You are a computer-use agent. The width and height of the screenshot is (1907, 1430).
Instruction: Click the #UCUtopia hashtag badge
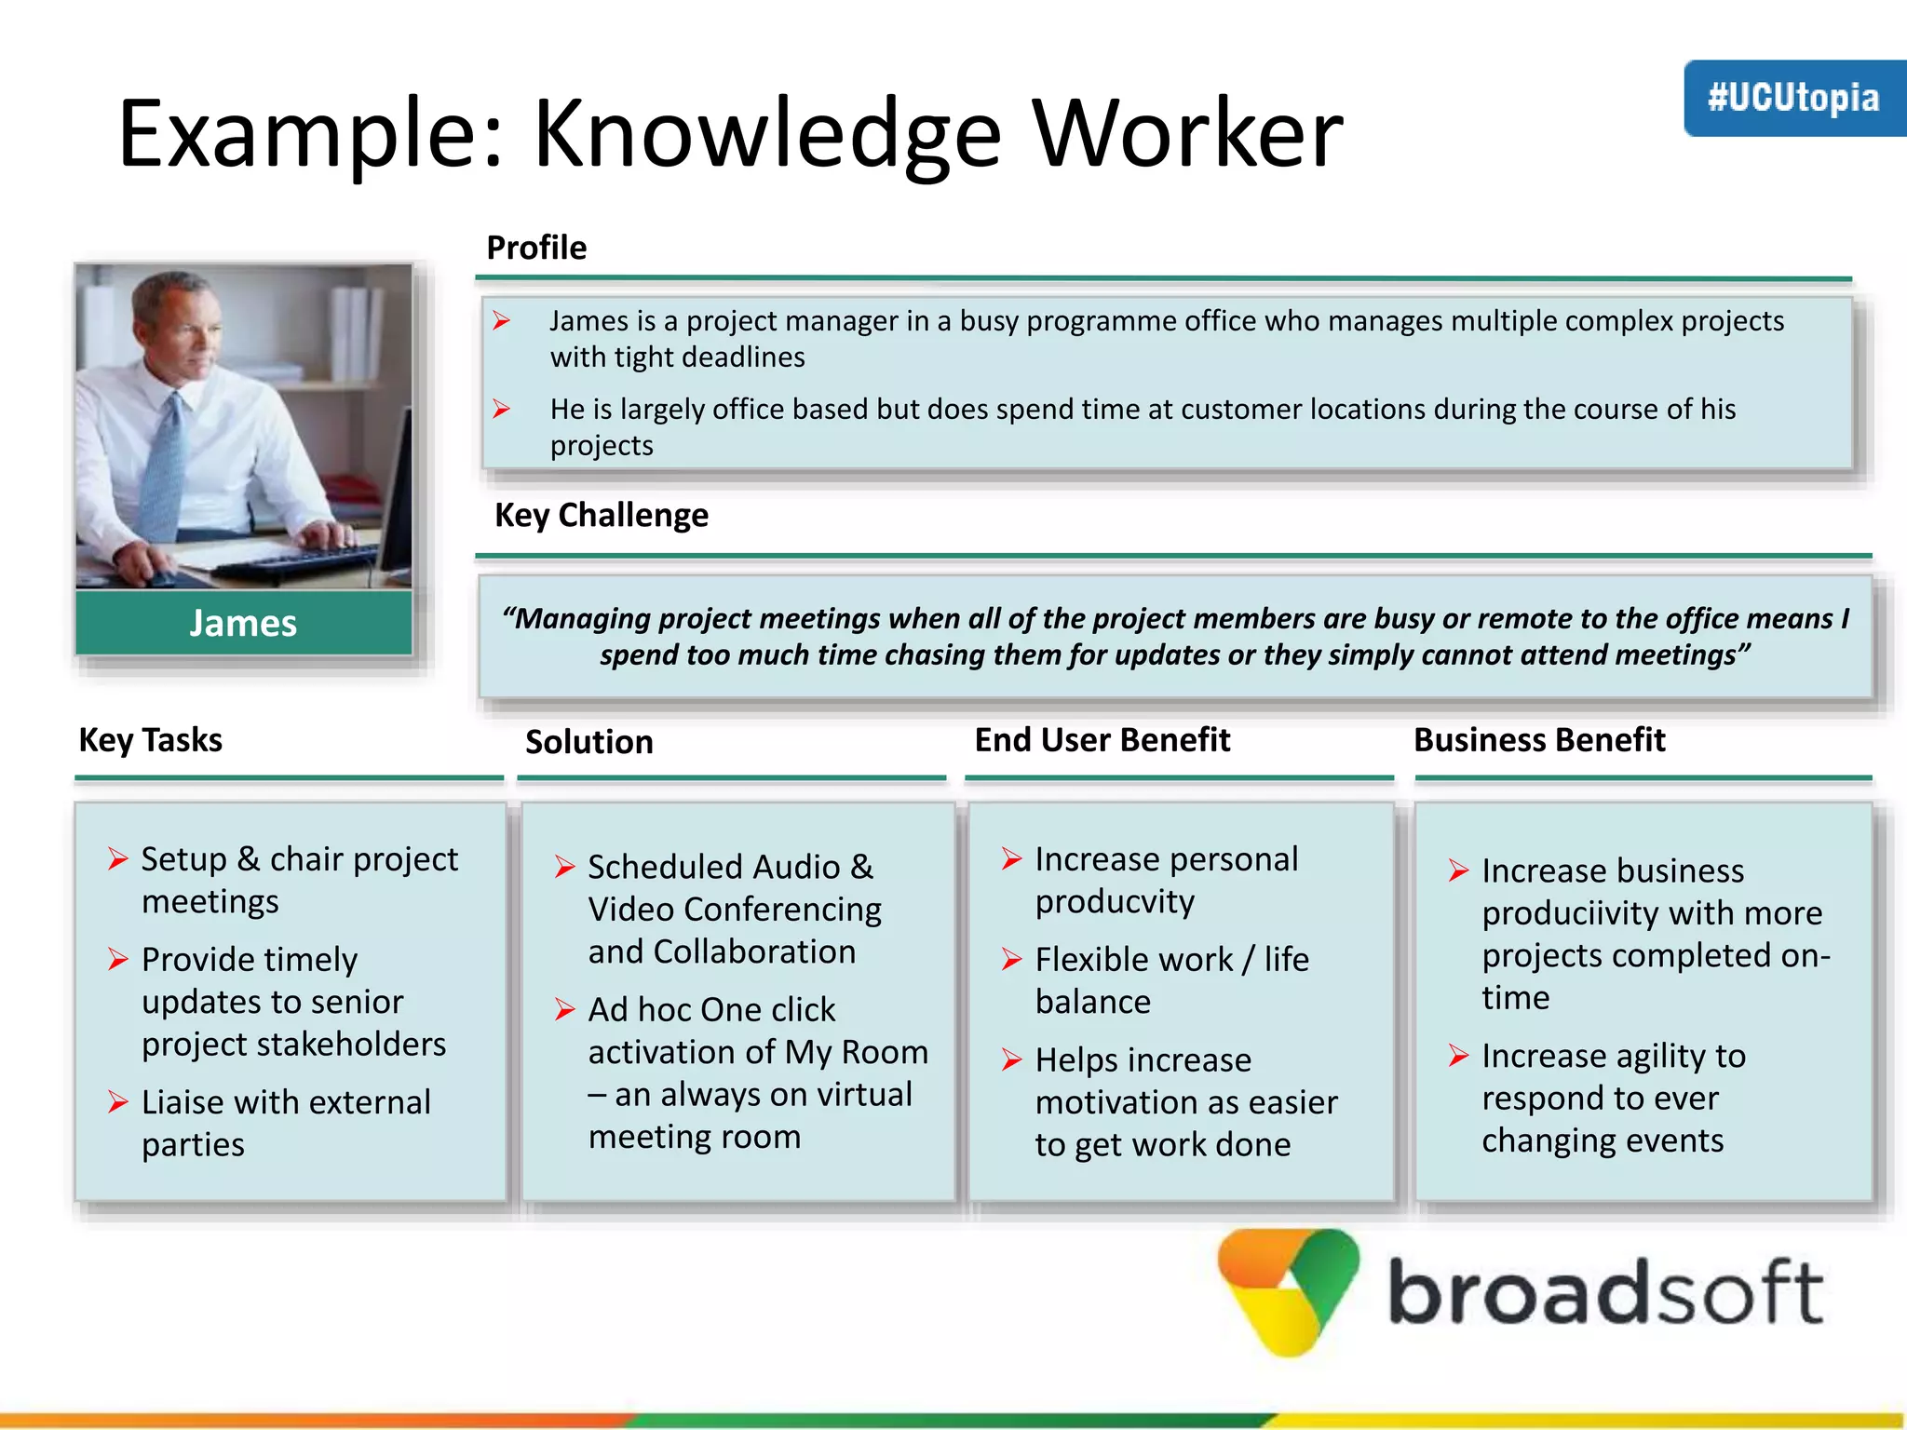click(x=1793, y=99)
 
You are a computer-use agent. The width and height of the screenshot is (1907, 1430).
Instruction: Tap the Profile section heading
click(x=536, y=248)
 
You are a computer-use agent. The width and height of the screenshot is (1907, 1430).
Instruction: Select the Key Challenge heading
click(x=601, y=515)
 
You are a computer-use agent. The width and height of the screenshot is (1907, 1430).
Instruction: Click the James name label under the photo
click(x=243, y=623)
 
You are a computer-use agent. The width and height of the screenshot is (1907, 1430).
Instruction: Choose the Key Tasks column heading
click(x=150, y=740)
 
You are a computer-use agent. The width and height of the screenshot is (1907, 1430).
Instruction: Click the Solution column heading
click(x=588, y=742)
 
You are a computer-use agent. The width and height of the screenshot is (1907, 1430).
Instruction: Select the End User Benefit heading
click(x=1102, y=740)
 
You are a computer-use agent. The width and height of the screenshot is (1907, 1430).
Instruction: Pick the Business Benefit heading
click(x=1538, y=740)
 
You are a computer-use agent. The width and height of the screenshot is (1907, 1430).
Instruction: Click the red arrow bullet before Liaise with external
click(x=117, y=1102)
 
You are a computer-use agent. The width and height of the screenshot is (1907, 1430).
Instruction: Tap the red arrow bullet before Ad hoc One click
click(x=564, y=1009)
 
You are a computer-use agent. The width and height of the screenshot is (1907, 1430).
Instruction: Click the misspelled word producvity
click(x=1115, y=901)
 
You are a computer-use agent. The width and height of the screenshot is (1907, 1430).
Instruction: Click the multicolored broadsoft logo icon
click(x=1288, y=1290)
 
